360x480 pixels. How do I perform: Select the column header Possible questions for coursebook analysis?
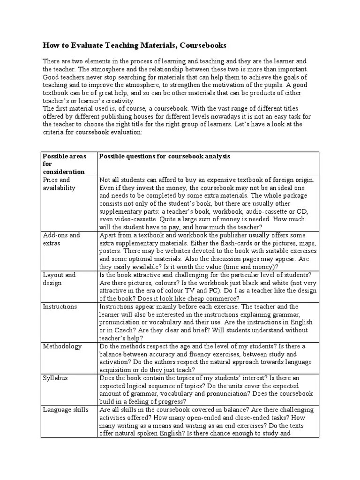(165, 156)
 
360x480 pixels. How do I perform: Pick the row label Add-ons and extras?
(61, 239)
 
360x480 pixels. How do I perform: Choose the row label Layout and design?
(59, 279)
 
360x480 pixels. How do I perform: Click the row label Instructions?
(60, 307)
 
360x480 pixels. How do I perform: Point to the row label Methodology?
(62, 346)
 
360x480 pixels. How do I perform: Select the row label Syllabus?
(55, 378)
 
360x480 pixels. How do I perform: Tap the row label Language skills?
(65, 410)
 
